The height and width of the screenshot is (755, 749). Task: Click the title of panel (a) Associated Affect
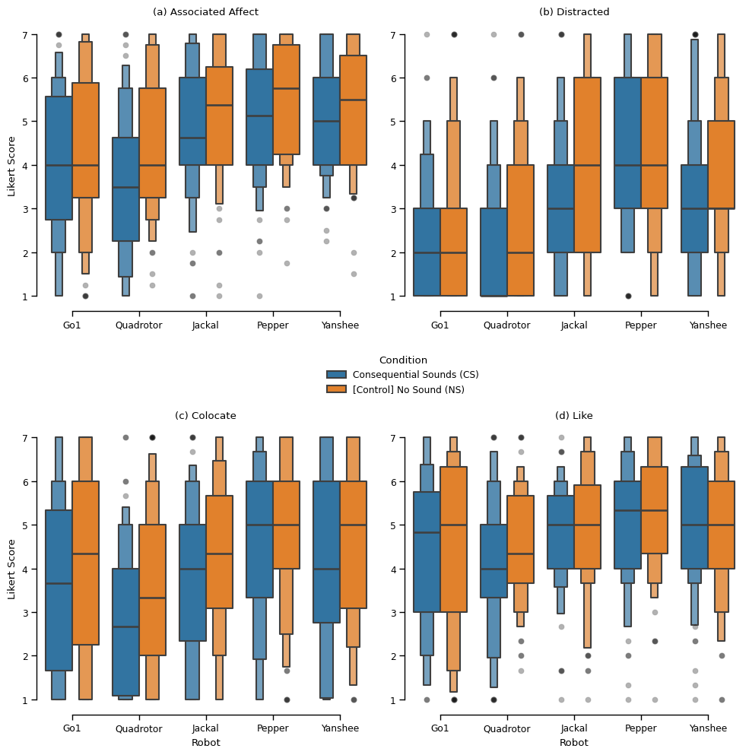(205, 12)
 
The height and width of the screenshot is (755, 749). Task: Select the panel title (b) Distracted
(574, 12)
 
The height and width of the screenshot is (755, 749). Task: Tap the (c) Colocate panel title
(205, 416)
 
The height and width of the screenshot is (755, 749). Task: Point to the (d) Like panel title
(574, 416)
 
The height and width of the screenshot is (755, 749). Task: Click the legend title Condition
(403, 360)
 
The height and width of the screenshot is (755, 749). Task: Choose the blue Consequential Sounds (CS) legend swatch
(336, 375)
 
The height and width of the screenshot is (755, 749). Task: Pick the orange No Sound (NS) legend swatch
(336, 390)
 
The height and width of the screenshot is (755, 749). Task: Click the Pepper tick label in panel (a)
(273, 325)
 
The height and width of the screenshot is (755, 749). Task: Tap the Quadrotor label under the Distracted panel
(506, 325)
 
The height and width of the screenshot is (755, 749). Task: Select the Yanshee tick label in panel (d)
(708, 728)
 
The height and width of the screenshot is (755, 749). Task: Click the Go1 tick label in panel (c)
(72, 728)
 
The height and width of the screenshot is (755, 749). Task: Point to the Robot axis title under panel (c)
(205, 743)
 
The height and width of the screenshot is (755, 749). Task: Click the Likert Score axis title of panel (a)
(11, 166)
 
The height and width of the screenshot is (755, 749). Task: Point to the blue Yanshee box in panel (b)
(694, 209)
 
